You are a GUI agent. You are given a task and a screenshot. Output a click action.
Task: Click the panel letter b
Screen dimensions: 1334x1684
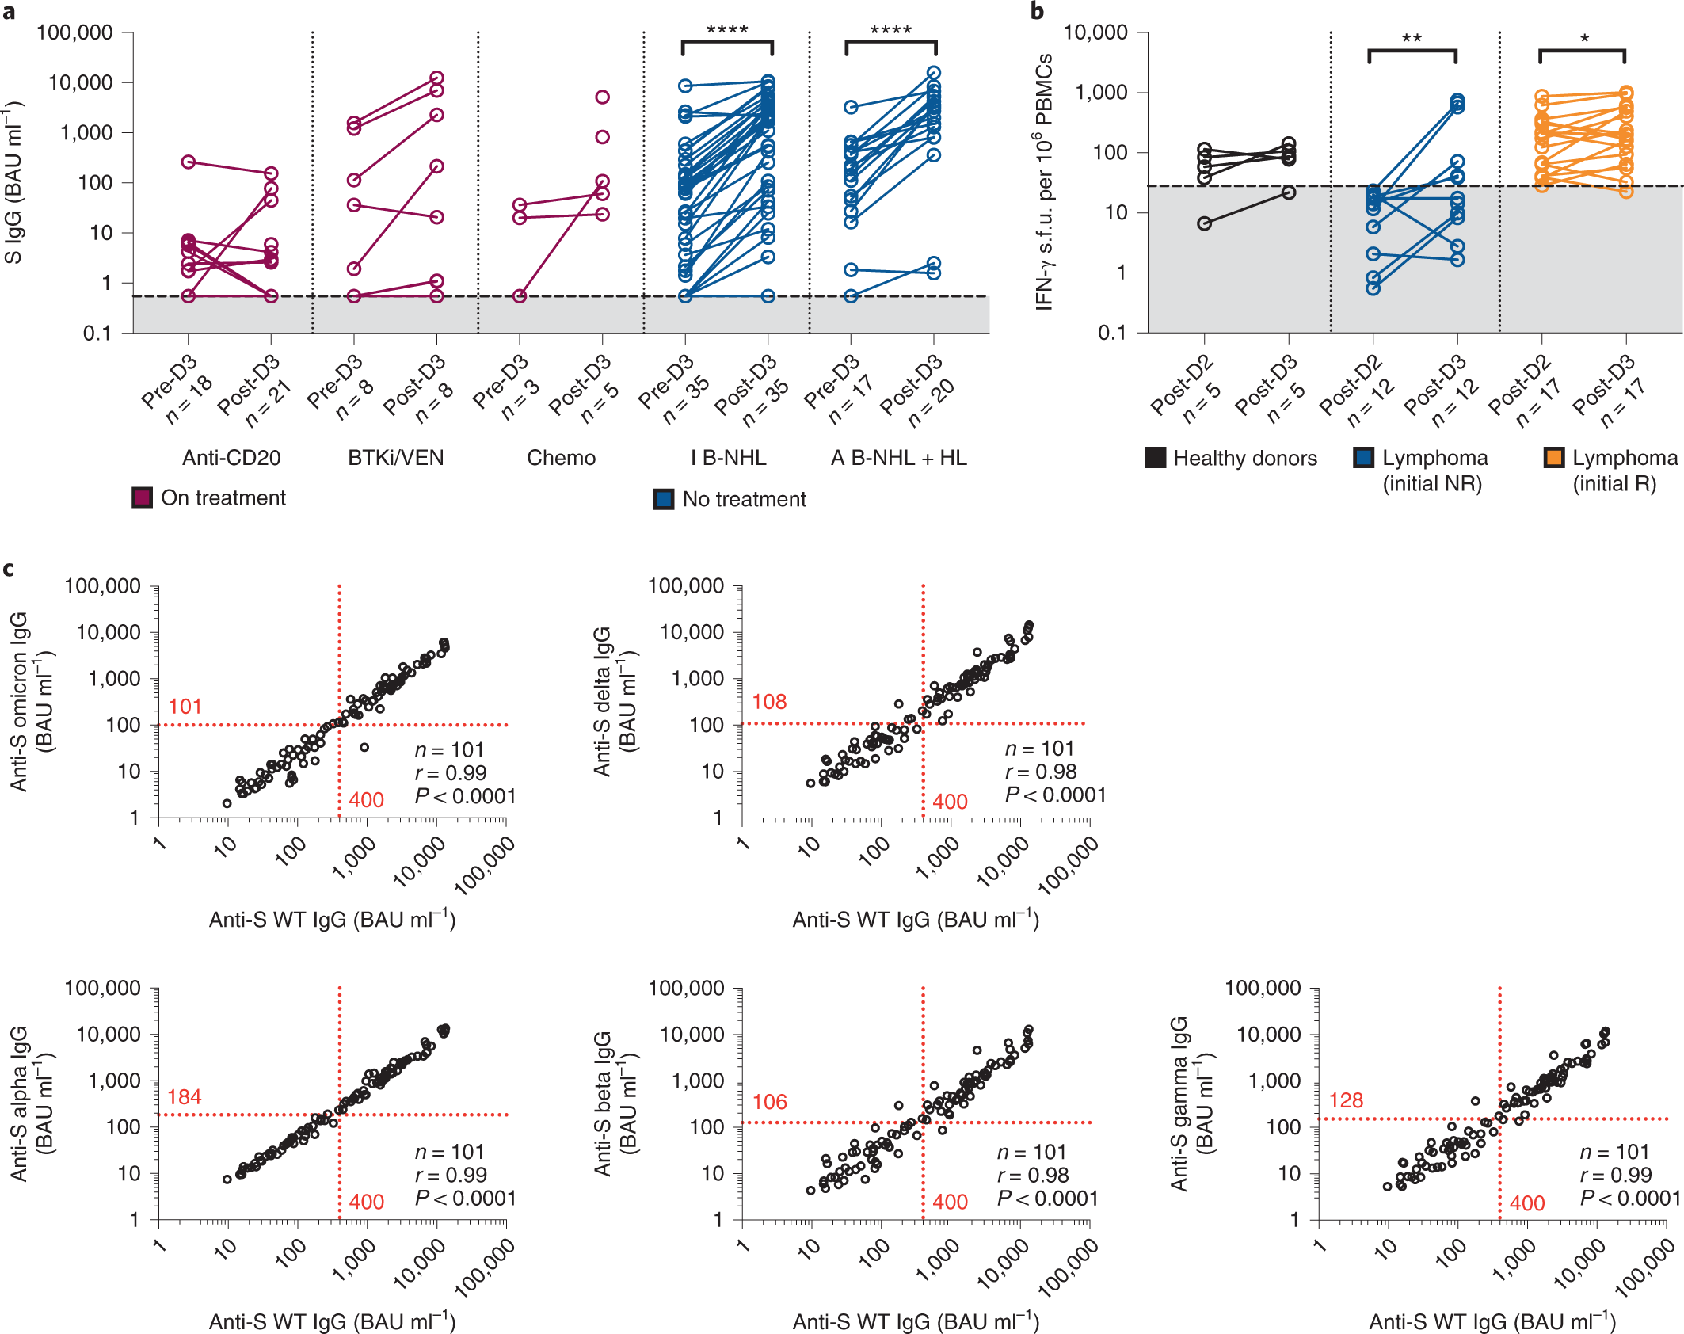point(1037,11)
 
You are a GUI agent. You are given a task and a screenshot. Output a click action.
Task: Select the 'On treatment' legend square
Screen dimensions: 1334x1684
point(142,497)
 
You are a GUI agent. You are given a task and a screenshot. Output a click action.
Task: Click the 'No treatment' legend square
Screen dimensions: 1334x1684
point(663,499)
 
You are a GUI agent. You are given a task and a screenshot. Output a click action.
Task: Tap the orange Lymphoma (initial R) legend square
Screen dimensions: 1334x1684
point(1553,458)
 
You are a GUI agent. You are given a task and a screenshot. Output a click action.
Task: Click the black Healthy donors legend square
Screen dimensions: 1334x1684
point(1155,458)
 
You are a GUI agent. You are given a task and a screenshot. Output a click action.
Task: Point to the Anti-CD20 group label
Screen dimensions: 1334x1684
point(231,458)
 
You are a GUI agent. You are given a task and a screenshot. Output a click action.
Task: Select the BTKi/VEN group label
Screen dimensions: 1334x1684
point(395,458)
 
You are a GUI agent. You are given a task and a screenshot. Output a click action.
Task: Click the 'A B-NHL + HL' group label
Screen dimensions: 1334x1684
point(898,458)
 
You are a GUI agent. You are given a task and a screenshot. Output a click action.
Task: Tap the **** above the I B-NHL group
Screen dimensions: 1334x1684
point(726,30)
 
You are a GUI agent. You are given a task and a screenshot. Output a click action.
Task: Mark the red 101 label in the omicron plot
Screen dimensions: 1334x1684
point(185,706)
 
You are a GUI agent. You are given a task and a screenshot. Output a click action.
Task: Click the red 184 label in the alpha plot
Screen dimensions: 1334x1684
point(185,1096)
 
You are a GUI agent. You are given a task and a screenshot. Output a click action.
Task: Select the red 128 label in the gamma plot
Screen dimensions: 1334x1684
point(1346,1100)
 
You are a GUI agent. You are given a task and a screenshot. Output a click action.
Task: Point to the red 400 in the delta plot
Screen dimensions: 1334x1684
point(950,802)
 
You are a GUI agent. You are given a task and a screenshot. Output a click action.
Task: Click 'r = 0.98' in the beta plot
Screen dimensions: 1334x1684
point(1033,1175)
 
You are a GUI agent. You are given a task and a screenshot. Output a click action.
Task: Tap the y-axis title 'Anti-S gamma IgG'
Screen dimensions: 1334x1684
point(1179,1103)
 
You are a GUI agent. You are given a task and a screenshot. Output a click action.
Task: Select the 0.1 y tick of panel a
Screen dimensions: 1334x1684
point(97,333)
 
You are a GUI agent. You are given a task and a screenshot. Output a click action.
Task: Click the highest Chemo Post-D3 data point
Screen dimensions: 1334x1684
point(602,97)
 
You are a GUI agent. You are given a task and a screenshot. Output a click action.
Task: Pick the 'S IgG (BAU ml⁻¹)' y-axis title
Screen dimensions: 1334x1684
point(13,182)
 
